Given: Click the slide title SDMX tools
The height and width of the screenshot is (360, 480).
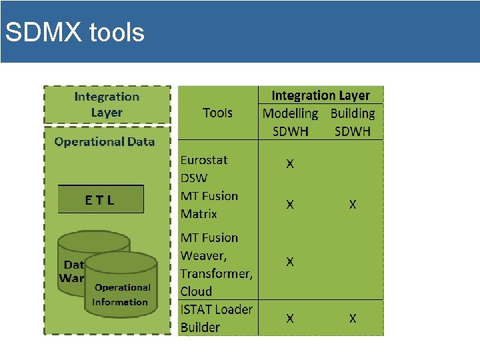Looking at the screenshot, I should tap(74, 32).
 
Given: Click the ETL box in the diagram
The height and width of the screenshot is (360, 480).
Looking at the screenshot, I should tap(101, 199).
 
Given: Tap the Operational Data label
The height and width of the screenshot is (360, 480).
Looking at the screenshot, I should tap(105, 141).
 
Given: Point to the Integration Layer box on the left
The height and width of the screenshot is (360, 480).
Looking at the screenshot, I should tap(107, 105).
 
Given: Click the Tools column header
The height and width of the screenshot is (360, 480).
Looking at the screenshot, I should tap(217, 113).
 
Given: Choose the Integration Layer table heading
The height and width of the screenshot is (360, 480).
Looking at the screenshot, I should tap(320, 95).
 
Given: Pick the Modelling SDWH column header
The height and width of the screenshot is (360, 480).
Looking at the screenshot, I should tap(291, 122).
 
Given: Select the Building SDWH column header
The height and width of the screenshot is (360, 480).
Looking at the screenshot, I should tap(353, 122).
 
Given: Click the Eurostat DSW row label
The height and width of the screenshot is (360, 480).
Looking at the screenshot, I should tap(204, 169).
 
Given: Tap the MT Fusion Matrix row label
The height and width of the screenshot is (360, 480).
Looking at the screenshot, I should tap(209, 205).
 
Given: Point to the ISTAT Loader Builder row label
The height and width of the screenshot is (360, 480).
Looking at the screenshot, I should tap(216, 318).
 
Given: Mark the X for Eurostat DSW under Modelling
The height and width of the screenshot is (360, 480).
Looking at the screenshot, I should tap(290, 163).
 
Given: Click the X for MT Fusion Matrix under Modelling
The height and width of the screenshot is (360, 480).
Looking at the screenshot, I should tap(290, 205).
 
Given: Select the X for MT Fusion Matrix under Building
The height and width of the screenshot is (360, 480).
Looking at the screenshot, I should tap(353, 205).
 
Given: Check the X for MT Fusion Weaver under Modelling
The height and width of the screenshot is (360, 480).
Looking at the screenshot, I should tap(290, 262).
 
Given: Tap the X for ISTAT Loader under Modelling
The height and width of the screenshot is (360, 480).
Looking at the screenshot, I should tap(290, 319).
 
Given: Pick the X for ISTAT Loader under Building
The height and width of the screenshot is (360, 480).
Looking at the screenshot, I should tap(353, 319).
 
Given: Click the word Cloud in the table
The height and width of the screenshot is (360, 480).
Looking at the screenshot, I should tap(196, 291).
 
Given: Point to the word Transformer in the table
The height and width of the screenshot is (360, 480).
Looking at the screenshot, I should tap(217, 273).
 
